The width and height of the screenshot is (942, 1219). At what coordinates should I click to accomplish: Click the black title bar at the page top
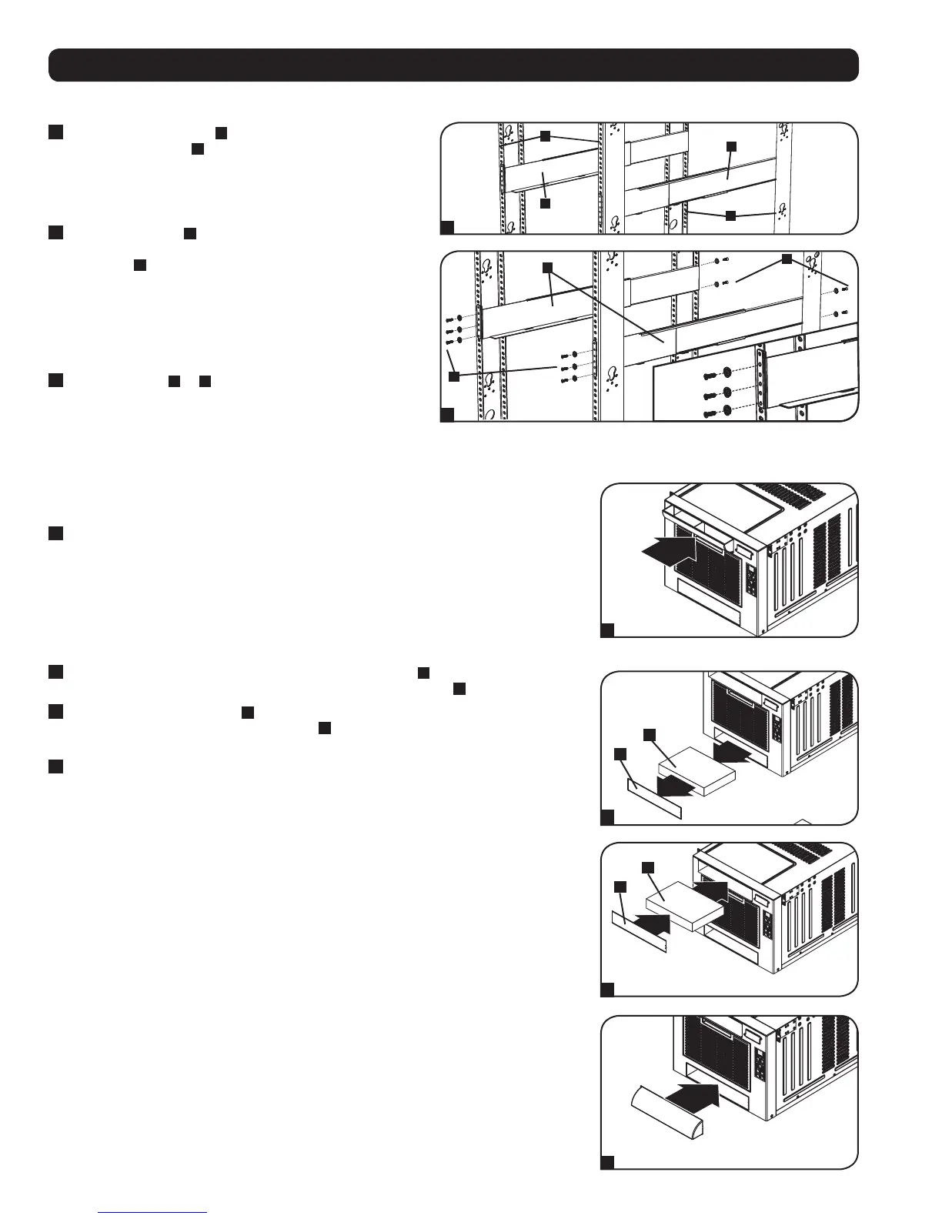[453, 65]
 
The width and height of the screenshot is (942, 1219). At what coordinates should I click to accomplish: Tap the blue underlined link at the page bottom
[153, 1212]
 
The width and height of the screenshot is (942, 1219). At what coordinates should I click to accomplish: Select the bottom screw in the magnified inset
[707, 416]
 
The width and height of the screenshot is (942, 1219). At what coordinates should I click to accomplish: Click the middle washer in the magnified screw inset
[724, 395]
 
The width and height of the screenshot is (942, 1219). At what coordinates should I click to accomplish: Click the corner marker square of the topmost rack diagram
[447, 226]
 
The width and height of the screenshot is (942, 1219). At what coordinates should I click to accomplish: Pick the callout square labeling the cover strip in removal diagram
[621, 753]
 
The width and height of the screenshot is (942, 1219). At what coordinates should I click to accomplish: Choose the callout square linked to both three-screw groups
[454, 376]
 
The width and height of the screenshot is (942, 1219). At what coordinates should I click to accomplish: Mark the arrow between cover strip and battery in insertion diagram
[646, 920]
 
